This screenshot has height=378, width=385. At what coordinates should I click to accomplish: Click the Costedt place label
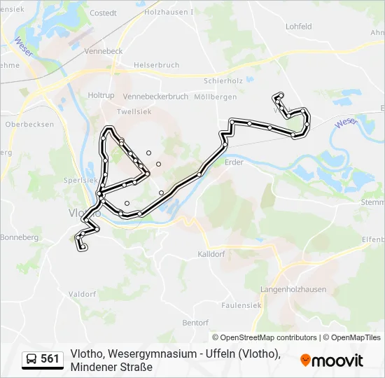pyautogui.click(x=104, y=13)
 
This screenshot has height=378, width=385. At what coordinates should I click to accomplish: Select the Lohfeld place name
pyautogui.click(x=298, y=26)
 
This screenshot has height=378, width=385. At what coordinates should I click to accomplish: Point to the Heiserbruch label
pyautogui.click(x=157, y=65)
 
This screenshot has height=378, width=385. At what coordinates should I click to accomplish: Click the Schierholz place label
pyautogui.click(x=224, y=80)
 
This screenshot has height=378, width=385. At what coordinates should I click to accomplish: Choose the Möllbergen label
pyautogui.click(x=217, y=97)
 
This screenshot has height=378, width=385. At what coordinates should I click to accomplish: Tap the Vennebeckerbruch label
pyautogui.click(x=155, y=96)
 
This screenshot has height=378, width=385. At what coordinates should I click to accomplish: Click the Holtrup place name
pyautogui.click(x=101, y=94)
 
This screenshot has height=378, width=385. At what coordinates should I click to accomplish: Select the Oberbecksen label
pyautogui.click(x=29, y=124)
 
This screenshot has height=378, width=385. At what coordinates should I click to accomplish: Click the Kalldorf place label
pyautogui.click(x=210, y=254)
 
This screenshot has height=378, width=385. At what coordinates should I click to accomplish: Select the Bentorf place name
pyautogui.click(x=195, y=323)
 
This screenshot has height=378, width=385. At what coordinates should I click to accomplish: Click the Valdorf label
pyautogui.click(x=83, y=294)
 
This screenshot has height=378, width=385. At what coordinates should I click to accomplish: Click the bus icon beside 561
pyautogui.click(x=31, y=359)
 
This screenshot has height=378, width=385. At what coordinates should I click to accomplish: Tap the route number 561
pyautogui.click(x=50, y=359)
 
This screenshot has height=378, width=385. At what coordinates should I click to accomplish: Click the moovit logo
pyautogui.click(x=332, y=360)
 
